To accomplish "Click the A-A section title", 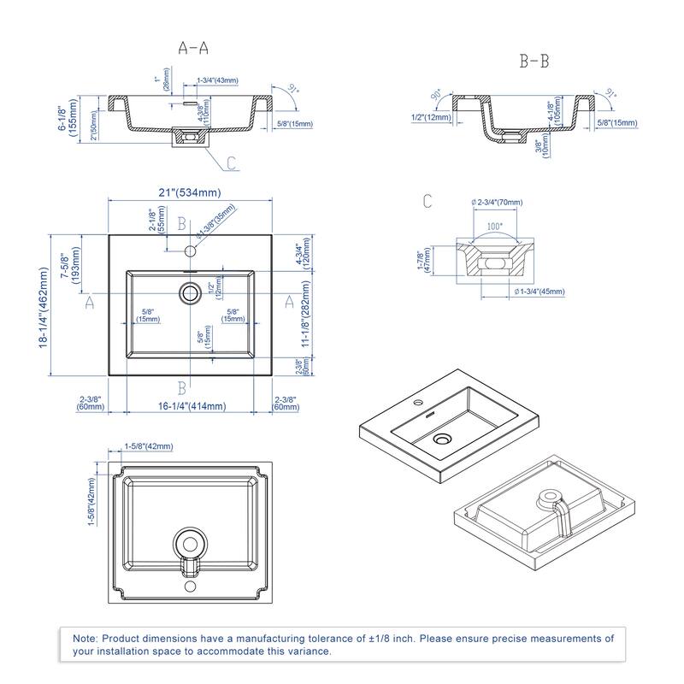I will pos(193,49).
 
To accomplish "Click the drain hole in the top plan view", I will pos(189,292).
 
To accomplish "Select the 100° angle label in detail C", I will pos(495,228).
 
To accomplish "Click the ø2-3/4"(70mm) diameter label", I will pos(498,203).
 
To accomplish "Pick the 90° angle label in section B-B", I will pos(436,93).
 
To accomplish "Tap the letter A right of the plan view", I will pos(288,301).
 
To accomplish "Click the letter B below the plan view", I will pos(181,386).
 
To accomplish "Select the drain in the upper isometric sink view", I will pos(442,439).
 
